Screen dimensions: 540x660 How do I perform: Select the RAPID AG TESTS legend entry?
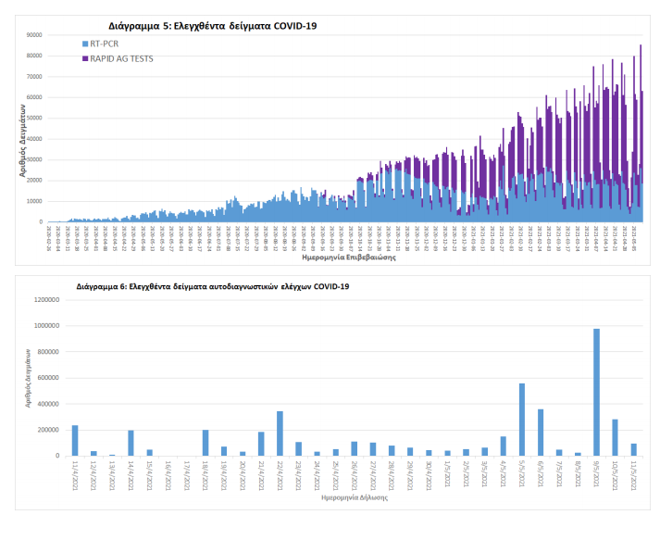click(x=119, y=58)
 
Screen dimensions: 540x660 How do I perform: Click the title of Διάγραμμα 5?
click(x=206, y=26)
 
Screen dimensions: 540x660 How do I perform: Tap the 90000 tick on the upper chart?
click(x=34, y=35)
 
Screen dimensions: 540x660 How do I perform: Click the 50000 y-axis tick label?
click(x=34, y=118)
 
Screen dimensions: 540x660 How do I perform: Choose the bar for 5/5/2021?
click(x=522, y=419)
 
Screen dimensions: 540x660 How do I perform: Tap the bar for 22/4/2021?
click(x=280, y=433)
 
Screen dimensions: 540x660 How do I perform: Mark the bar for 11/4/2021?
click(x=75, y=440)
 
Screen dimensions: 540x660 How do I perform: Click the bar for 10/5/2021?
click(x=615, y=437)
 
